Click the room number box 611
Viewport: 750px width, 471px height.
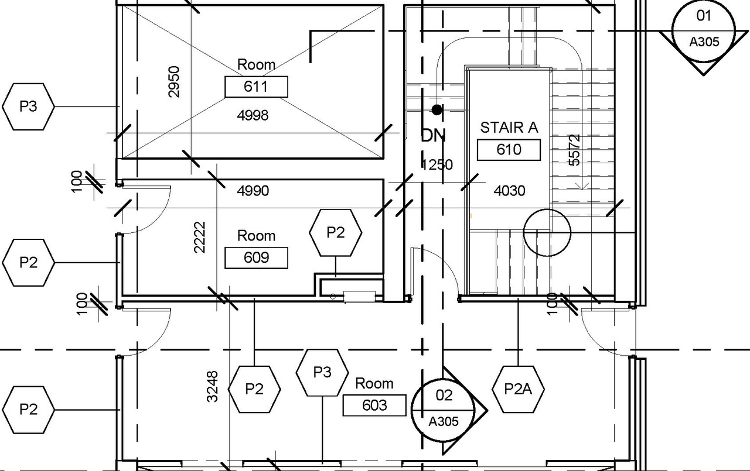coord(256,87)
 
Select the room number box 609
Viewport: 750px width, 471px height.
coord(256,257)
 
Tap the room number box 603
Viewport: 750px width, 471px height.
coord(374,405)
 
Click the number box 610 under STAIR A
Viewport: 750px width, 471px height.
coord(509,149)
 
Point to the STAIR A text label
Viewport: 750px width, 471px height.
coord(509,128)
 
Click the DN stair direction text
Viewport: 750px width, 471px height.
coord(434,136)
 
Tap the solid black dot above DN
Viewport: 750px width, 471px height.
coord(437,109)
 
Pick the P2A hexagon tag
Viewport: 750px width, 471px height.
coord(518,389)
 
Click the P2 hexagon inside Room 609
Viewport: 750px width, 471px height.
coord(335,233)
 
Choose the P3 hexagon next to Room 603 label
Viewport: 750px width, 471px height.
coord(322,372)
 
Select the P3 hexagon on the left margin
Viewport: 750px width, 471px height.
coord(28,106)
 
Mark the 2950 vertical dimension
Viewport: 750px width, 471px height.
coord(174,81)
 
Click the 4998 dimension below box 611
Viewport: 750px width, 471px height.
coord(253,115)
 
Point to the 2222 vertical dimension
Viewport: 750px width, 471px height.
coord(199,237)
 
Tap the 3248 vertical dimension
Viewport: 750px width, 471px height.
coord(212,386)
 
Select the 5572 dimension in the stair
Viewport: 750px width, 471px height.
coord(575,150)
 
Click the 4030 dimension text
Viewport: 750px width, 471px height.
coord(509,190)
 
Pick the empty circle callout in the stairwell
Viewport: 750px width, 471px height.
coord(546,232)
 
